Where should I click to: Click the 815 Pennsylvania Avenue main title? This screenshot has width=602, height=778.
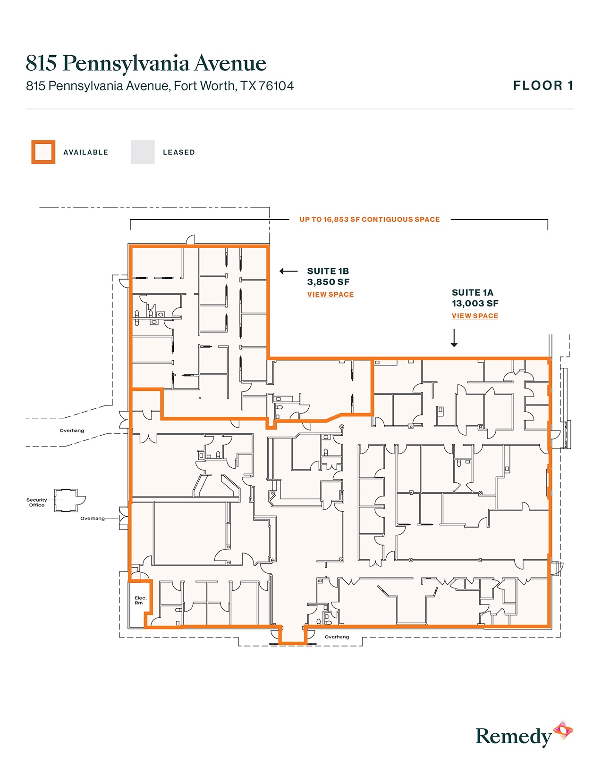pos(146,63)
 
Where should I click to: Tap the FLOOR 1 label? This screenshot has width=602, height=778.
pos(543,85)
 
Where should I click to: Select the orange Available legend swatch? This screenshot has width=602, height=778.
pos(43,152)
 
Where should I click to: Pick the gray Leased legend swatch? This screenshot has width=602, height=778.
pos(143,152)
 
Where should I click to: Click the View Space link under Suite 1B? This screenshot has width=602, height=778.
pos(330,294)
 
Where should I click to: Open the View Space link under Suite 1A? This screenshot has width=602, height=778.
pos(475,316)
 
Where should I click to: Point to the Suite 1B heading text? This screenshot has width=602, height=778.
pos(328,271)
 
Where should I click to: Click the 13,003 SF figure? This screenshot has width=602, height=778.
pos(475,304)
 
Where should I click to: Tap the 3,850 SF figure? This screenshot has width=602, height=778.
pos(328,282)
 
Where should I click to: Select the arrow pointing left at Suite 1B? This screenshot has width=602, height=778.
pos(288,271)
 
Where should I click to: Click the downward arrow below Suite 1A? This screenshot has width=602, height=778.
pos(454,338)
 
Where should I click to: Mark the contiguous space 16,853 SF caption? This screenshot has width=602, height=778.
pos(369,219)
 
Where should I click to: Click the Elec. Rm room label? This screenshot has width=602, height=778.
pos(140,600)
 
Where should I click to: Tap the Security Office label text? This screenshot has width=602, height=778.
pos(36,502)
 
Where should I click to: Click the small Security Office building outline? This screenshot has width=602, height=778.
pos(66,500)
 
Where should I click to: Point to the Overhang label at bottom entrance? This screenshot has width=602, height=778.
pos(337,637)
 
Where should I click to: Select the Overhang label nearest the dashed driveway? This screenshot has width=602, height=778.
pos(72,430)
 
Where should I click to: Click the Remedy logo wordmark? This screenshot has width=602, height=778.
pos(513,736)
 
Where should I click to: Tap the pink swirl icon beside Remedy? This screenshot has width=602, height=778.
pos(563,730)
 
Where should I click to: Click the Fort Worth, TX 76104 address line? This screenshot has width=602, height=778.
pos(160,86)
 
